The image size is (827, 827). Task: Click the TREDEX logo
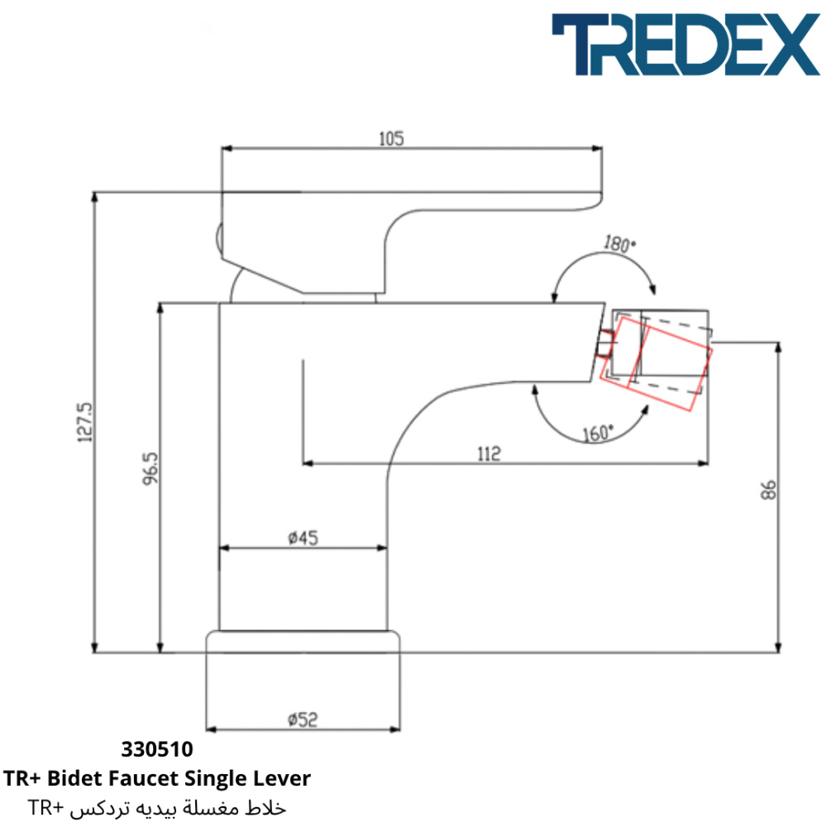pos(686,45)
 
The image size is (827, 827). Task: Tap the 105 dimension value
pos(391,139)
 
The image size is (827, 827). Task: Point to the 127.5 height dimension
pos(85,422)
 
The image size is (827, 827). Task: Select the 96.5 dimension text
pos(151,468)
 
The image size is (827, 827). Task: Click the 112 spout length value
pos(489,454)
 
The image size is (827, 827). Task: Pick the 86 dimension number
pos(768,490)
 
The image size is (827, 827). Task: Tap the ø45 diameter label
pos(304,538)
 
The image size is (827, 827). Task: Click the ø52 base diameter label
pos(303,719)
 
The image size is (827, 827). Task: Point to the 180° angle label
pos(619,244)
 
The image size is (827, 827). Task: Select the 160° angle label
pos(598,433)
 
